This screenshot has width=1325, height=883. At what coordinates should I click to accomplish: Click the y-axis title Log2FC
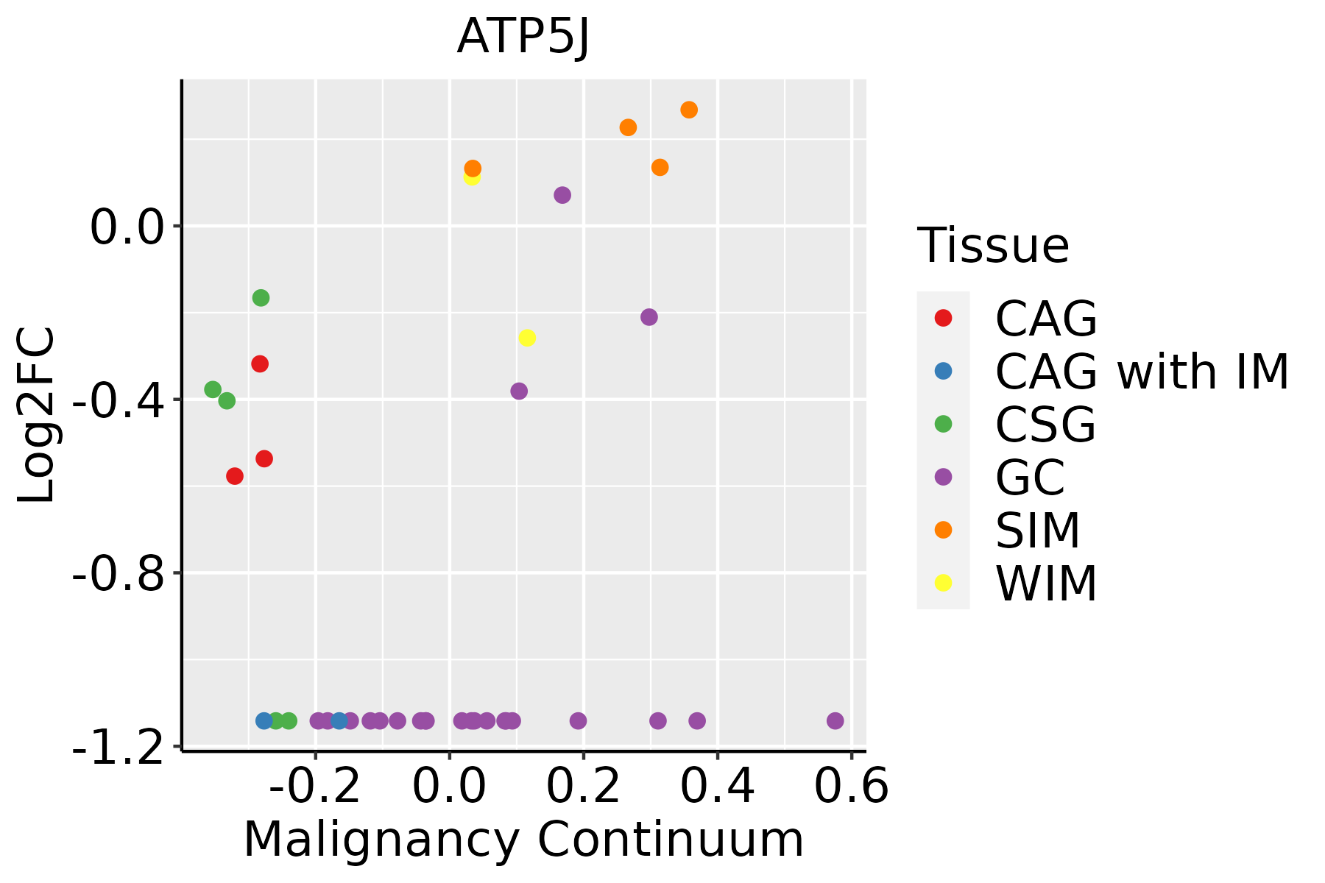[37, 416]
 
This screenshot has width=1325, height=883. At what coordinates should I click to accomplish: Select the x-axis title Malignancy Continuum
[523, 840]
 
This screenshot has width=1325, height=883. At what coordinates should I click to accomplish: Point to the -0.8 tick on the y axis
[118, 573]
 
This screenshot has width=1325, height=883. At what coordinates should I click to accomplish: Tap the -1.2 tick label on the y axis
[118, 748]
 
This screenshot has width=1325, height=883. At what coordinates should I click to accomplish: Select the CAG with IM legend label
[1142, 372]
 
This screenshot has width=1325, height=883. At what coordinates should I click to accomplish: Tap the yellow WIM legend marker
[943, 583]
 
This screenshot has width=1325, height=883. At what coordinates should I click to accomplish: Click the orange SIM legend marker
[943, 530]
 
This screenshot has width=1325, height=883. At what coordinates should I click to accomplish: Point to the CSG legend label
[1045, 425]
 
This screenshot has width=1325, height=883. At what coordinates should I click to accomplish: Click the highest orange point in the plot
[689, 110]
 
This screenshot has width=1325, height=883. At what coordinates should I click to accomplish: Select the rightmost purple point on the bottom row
[835, 720]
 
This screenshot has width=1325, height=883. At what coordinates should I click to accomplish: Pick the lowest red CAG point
[235, 476]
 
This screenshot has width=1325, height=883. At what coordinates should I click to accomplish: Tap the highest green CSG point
[261, 298]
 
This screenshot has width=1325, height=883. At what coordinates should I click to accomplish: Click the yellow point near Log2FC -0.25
[527, 338]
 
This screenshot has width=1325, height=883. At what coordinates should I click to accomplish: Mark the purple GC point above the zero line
[562, 195]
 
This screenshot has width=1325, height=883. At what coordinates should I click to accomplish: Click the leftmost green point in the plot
[213, 389]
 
